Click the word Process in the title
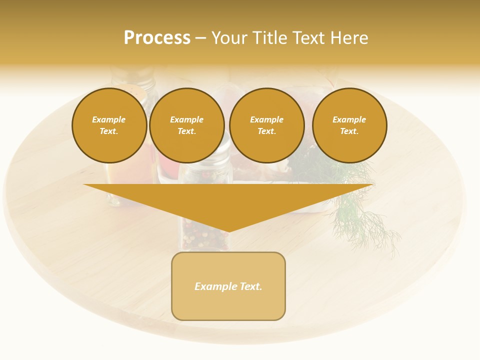[157, 38]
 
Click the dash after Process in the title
[200, 38]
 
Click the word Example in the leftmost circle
[109, 119]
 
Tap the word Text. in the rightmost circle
[349, 131]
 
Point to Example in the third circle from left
[266, 119]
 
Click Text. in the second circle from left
[186, 131]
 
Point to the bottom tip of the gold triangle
[228, 231]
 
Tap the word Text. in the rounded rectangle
[250, 286]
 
